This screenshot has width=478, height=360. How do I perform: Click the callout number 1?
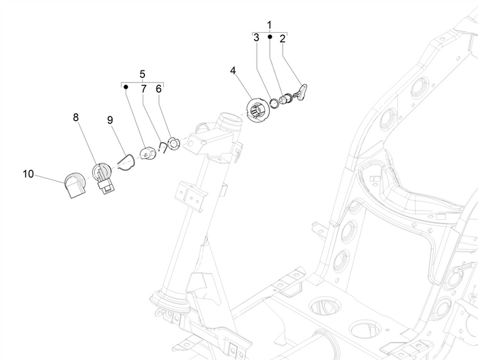click(269, 25)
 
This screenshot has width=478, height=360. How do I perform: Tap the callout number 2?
click(282, 39)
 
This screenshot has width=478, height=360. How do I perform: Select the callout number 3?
click(256, 38)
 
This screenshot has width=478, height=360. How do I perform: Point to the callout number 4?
click(233, 71)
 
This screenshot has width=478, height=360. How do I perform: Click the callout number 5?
click(143, 74)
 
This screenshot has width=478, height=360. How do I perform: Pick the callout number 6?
click(159, 89)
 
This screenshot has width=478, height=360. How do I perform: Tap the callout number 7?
click(143, 89)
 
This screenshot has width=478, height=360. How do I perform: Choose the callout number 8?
click(76, 117)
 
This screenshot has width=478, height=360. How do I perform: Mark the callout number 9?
click(110, 120)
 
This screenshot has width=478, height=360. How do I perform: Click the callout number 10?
click(28, 174)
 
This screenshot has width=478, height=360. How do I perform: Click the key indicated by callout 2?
click(301, 92)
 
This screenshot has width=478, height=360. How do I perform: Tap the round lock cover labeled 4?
click(258, 111)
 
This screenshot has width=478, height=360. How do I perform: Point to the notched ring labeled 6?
click(174, 144)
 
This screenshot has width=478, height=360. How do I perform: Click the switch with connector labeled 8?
click(103, 178)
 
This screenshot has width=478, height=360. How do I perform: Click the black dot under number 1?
click(270, 37)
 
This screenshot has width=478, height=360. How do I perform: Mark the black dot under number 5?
click(126, 87)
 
